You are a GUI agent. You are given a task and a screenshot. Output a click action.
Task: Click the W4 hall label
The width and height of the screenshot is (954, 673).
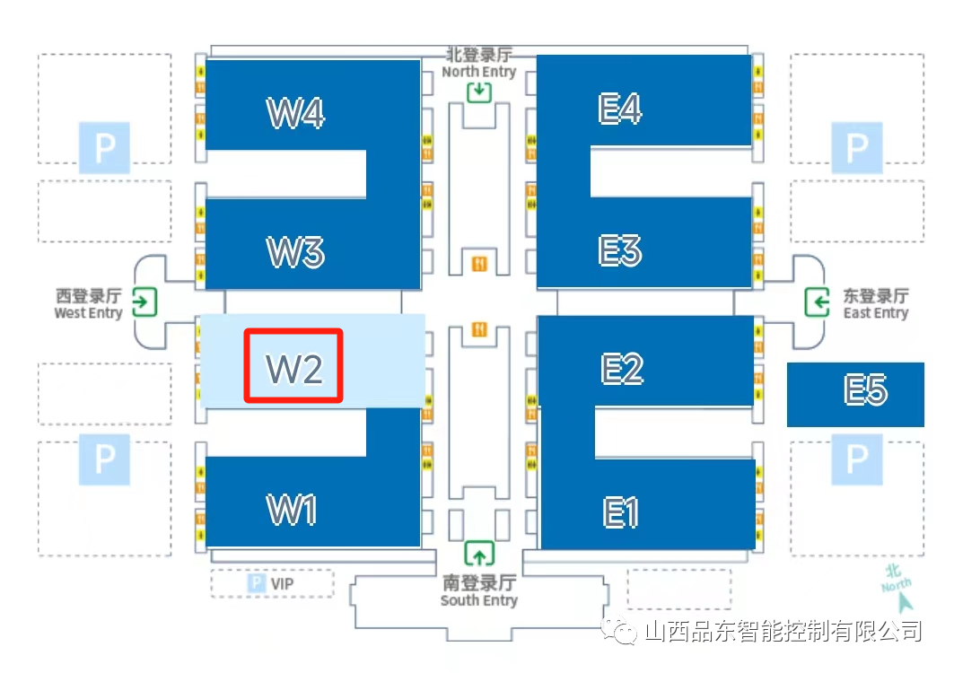(295, 113)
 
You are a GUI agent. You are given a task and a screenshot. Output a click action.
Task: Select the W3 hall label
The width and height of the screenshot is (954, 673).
(295, 252)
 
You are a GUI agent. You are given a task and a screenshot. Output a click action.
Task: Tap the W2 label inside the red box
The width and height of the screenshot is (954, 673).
(293, 368)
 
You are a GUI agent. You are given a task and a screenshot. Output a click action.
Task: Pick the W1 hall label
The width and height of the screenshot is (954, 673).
(293, 510)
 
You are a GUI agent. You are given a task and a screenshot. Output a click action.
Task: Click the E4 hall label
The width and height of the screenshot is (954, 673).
(620, 109)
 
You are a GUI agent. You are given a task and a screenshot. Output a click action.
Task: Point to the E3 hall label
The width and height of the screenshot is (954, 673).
(620, 250)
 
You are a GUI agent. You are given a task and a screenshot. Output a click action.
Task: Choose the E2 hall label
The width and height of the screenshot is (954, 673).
(622, 368)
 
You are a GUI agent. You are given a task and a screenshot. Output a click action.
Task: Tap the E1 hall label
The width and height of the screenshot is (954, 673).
(621, 512)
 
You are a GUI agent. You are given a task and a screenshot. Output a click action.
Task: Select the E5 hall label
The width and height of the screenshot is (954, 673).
(865, 390)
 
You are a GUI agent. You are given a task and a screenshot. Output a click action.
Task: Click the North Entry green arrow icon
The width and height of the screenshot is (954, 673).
(479, 91)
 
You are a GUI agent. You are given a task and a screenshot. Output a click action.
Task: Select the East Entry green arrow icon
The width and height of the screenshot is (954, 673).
(817, 302)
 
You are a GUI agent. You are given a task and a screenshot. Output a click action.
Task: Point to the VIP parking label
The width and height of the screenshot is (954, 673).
(281, 584)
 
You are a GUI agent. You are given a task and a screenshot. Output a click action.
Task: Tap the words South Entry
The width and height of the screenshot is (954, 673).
(478, 600)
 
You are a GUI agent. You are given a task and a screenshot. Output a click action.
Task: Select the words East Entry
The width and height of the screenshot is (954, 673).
(875, 313)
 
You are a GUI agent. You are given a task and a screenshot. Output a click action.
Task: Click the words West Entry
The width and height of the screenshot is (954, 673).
(88, 313)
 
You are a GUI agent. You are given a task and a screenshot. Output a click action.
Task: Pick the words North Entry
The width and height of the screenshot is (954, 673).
(479, 72)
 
